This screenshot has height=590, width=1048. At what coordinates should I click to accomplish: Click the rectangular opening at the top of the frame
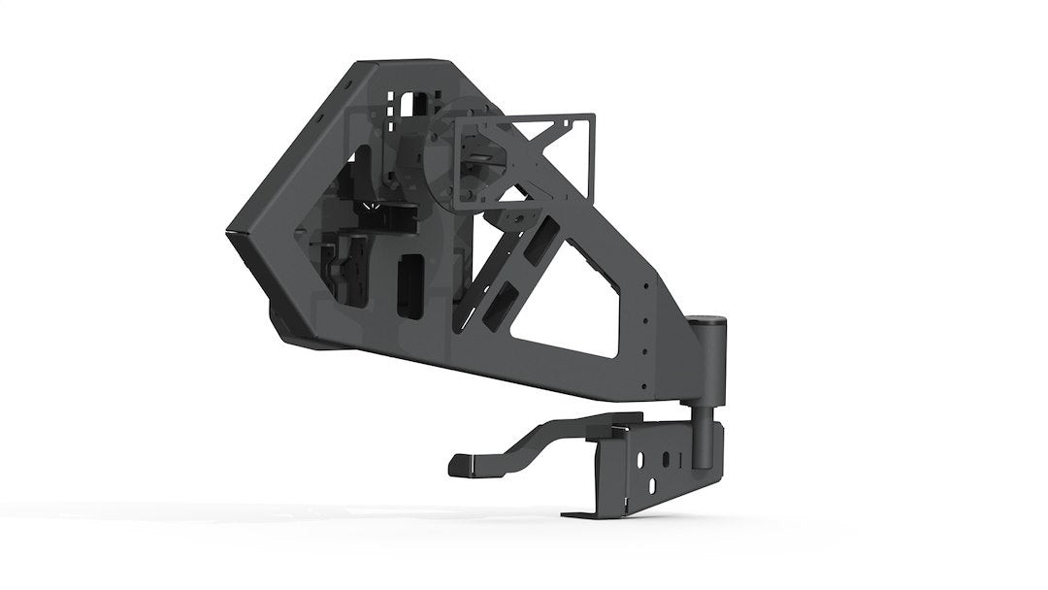416,104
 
